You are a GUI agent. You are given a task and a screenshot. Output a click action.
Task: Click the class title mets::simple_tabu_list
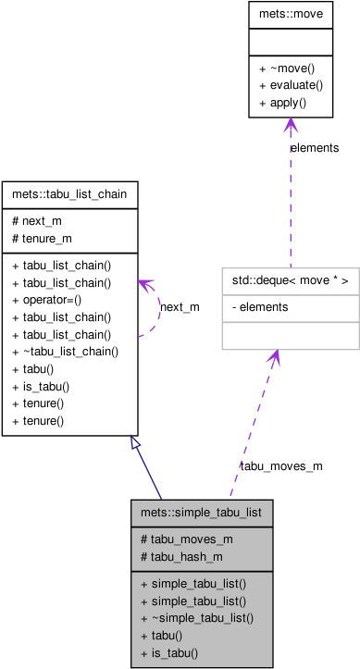[202, 512]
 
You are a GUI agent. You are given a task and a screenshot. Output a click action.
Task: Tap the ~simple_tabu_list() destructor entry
[203, 618]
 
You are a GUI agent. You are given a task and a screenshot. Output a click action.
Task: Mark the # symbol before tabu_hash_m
[144, 556]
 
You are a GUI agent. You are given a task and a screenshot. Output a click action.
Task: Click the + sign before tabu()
[144, 636]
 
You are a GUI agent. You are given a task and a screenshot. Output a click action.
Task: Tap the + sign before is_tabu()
[144, 653]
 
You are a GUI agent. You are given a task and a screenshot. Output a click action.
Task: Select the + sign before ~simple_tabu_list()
[144, 618]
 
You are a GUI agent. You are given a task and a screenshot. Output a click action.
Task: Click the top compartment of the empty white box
[290, 281]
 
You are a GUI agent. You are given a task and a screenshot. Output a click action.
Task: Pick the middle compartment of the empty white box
[290, 308]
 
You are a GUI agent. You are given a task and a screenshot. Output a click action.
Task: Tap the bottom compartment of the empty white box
[290, 336]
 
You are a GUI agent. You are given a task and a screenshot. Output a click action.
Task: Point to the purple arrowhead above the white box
[291, 125]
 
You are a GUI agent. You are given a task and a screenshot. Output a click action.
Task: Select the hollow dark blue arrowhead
[135, 442]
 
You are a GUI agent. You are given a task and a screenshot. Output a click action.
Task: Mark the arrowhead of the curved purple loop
[144, 286]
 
